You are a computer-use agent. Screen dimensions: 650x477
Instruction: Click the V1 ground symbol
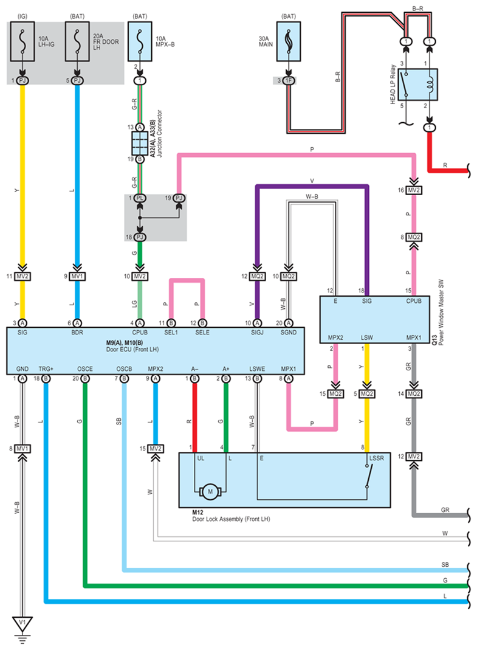tap(22, 623)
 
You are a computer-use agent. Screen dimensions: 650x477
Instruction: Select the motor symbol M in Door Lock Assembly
tap(210, 490)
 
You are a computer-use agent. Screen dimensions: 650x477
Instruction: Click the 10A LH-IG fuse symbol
tap(22, 41)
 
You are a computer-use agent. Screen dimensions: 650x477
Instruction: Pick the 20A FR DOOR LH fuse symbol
tap(77, 41)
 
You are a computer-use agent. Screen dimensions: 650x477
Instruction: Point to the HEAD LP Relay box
tap(418, 85)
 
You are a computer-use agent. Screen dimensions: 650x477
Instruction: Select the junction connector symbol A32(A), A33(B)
tap(140, 143)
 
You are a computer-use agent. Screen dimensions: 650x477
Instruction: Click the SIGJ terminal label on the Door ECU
tap(257, 333)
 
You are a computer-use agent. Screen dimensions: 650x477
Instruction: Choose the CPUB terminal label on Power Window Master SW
tap(413, 301)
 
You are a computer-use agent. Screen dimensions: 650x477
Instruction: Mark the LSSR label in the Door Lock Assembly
tap(373, 458)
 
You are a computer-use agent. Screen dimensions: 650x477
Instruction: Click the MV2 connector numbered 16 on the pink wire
tap(414, 191)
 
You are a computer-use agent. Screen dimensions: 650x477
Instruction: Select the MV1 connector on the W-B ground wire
tap(22, 449)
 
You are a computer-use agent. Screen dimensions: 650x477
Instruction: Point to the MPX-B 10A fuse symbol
tap(140, 41)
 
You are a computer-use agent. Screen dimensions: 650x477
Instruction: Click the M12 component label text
tap(199, 513)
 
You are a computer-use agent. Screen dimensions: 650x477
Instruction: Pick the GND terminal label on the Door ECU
tap(22, 368)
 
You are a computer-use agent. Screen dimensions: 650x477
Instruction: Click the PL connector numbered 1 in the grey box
tap(140, 198)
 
